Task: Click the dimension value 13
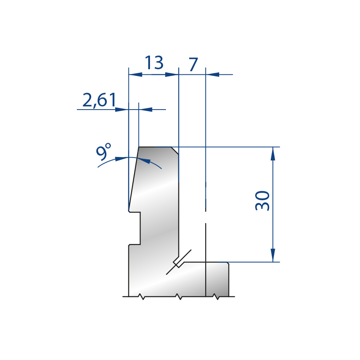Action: pos(154,62)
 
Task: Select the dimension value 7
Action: pos(193,64)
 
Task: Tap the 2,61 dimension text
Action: pos(99,100)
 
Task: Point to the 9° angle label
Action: pos(103,152)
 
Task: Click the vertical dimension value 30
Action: pos(262,200)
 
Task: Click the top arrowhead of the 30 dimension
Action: pos(273,154)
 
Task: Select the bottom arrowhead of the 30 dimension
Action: pos(273,255)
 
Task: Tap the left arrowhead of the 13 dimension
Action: pos(136,74)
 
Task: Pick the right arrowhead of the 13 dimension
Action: pos(172,74)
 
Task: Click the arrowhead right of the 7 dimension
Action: pos(212,74)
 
